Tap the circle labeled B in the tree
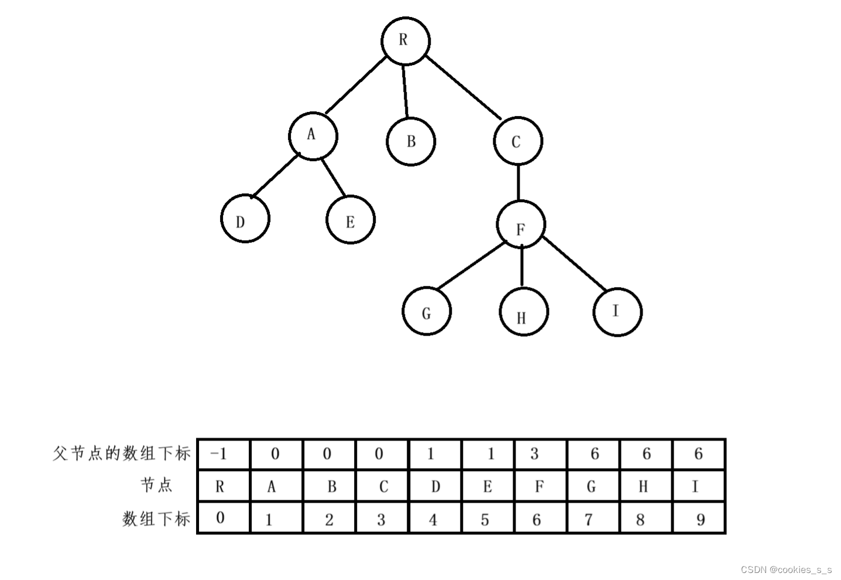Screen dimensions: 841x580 411,141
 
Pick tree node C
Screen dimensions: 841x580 517,141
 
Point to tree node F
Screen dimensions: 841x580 521,224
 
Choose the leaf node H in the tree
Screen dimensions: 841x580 524,311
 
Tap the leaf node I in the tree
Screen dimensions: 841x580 617,311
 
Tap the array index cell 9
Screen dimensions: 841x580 699,518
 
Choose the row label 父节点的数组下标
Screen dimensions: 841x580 122,453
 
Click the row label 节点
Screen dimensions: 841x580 156,485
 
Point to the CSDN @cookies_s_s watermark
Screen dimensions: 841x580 786,569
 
